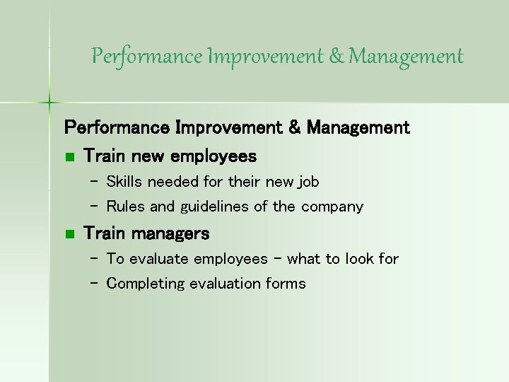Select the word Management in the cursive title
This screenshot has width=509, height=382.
pos(407,56)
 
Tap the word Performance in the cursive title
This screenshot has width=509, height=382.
pos(148,56)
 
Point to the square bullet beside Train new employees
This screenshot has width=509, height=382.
pos(69,156)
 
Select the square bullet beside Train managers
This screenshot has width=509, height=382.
pos(69,233)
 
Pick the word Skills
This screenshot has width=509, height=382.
pos(124,182)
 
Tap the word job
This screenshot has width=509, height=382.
pos(308,182)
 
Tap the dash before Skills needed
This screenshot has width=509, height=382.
pos(94,182)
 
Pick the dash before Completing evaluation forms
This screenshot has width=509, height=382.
pos(94,284)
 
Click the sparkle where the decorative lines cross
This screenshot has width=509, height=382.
pos(49,103)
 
